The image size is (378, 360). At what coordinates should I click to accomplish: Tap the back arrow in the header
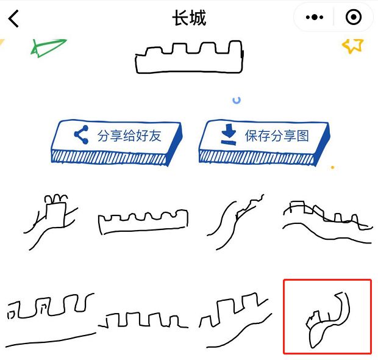pos(14,19)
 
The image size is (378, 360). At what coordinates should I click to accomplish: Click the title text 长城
pos(189,18)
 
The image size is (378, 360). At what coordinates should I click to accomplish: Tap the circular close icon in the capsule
pos(353,18)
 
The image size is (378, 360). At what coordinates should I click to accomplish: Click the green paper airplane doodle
pos(49,48)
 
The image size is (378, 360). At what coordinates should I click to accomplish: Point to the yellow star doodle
pos(352,45)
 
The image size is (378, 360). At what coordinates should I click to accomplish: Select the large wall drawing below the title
pos(189,57)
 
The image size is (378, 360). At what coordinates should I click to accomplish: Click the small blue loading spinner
pos(237,99)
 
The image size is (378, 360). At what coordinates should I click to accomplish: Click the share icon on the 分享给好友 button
pos(81,135)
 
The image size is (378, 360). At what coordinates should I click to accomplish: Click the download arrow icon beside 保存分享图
pos(228,135)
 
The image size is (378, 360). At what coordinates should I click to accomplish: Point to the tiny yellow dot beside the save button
pos(332,167)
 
